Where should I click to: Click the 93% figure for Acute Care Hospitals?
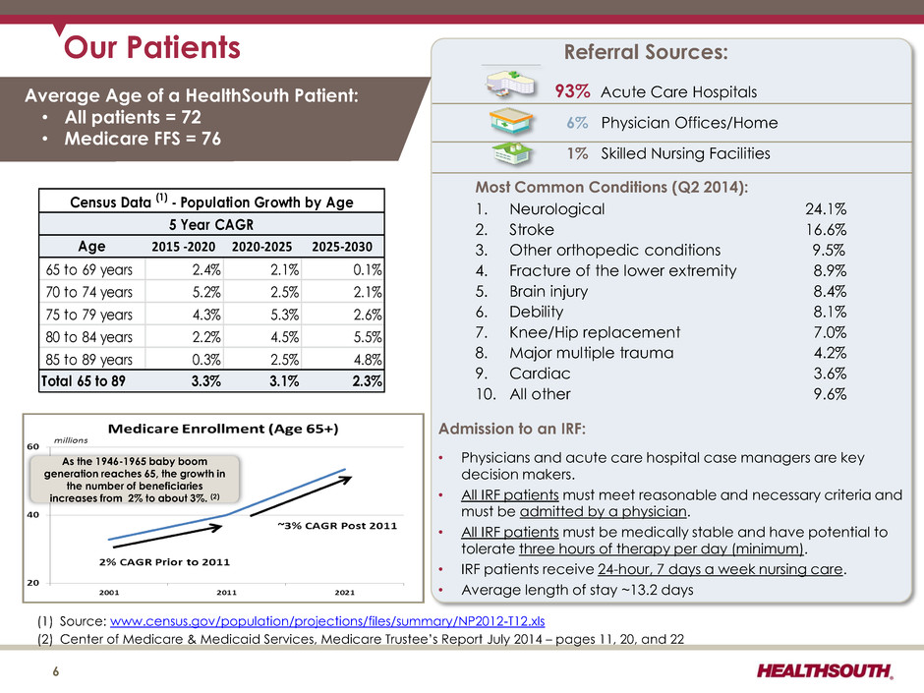(572, 91)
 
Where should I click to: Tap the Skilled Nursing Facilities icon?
(512, 153)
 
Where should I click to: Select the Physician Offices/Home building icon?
(511, 122)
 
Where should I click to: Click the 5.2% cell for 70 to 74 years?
(206, 292)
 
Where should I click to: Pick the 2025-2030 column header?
(342, 247)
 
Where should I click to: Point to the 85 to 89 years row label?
(89, 359)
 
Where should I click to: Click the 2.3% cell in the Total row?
(367, 380)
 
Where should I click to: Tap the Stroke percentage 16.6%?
(826, 229)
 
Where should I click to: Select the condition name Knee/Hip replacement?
(595, 332)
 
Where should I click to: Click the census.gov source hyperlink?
(327, 621)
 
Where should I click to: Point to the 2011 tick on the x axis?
(226, 592)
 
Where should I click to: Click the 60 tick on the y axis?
(33, 446)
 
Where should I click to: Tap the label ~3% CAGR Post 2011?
(337, 526)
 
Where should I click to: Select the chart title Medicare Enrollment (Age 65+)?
(223, 429)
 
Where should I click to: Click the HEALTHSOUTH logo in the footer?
(825, 670)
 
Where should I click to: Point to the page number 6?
(56, 671)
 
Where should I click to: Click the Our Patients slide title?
(152, 47)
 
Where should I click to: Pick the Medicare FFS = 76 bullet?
(143, 139)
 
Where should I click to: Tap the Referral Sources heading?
(646, 52)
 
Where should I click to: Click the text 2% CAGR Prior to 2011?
(164, 562)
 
